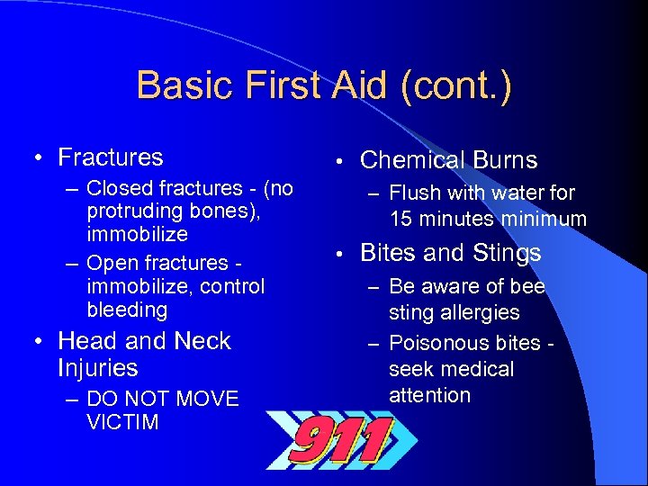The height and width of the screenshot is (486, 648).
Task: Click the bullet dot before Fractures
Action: [x=39, y=158]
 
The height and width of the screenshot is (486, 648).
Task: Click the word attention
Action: [x=429, y=395]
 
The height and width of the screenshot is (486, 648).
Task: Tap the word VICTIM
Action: [x=122, y=422]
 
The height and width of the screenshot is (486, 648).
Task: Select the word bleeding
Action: [x=127, y=310]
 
